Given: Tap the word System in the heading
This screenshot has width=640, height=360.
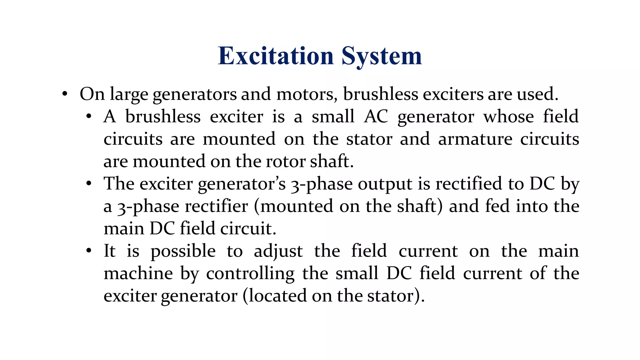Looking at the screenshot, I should (x=382, y=56).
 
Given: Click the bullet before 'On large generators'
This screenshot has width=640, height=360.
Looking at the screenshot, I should (x=65, y=94).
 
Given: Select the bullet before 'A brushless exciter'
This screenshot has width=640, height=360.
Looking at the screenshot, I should (x=89, y=117).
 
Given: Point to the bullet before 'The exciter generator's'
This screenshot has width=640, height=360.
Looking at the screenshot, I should (x=89, y=184).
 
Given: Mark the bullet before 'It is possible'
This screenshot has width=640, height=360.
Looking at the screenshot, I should (x=89, y=251).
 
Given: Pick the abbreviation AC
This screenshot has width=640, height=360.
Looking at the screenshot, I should (x=376, y=117).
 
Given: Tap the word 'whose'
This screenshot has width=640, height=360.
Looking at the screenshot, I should (x=509, y=117).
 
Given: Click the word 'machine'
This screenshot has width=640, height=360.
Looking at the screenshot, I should (x=138, y=273).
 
